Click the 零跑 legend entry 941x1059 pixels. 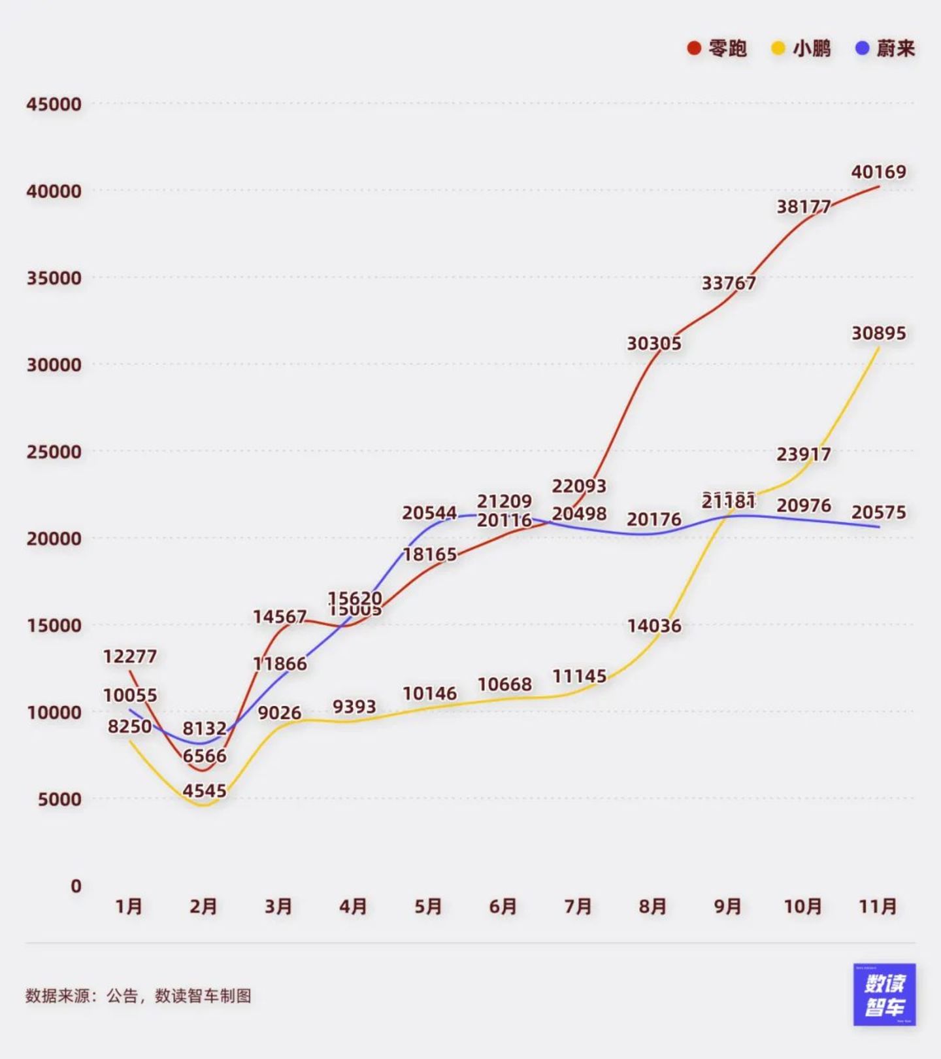[x=718, y=48]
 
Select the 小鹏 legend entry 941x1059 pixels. [x=802, y=48]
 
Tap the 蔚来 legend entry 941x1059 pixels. [x=885, y=48]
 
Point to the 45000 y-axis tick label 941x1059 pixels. [x=54, y=104]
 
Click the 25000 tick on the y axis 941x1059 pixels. [x=54, y=452]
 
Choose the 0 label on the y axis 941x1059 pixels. [x=76, y=886]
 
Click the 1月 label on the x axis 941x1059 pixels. [x=129, y=907]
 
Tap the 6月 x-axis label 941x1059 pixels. [x=503, y=907]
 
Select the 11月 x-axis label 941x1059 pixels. [x=878, y=907]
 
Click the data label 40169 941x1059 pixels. [x=878, y=172]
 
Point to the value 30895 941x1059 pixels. [x=878, y=333]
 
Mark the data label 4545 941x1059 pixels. [x=205, y=791]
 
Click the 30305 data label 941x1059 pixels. [x=654, y=343]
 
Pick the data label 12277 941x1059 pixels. [x=130, y=656]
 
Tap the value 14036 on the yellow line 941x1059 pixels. [x=654, y=626]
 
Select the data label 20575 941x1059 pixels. [x=878, y=512]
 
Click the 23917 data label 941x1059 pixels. [x=804, y=454]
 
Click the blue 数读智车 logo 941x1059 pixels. [x=884, y=994]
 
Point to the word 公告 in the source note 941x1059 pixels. [x=122, y=996]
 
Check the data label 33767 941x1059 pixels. [x=729, y=283]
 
